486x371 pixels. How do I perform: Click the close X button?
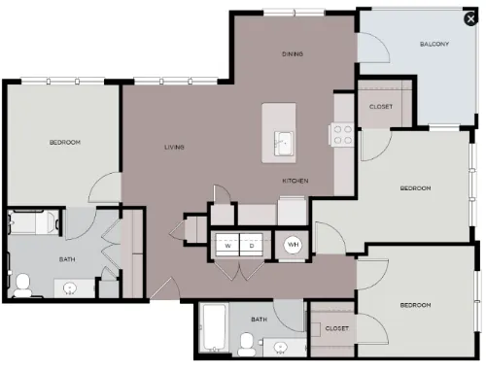[470, 18]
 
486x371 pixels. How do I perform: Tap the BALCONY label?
[434, 44]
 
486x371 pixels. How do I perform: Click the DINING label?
[293, 53]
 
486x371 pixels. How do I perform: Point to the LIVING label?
[174, 147]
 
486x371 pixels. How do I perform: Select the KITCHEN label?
[295, 181]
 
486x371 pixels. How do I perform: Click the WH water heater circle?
[293, 245]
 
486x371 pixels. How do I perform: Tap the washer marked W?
[227, 245]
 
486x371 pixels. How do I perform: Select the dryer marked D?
[252, 245]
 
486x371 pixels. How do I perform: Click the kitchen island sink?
[284, 144]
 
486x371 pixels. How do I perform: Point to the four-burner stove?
[342, 134]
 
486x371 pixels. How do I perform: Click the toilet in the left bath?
[22, 286]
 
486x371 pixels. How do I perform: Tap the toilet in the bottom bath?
[247, 345]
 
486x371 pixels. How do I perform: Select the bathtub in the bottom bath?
[213, 327]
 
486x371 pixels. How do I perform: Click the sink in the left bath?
[69, 287]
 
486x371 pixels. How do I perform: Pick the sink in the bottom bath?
[280, 348]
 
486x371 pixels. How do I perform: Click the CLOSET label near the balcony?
[381, 107]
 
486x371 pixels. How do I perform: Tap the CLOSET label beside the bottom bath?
[337, 328]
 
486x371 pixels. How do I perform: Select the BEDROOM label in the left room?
[65, 142]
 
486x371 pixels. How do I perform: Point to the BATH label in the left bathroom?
[67, 259]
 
